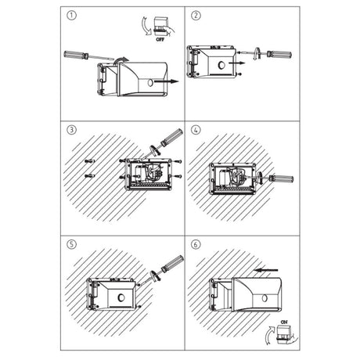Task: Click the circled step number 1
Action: click(72, 16)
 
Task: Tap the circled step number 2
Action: click(196, 16)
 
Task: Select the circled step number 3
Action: click(72, 130)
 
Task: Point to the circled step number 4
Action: click(196, 130)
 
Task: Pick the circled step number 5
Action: click(72, 244)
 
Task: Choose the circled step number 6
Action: click(196, 244)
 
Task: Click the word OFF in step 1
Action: click(160, 40)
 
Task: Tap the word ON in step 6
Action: click(284, 322)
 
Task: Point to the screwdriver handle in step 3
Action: click(172, 137)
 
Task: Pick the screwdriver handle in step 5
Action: click(173, 264)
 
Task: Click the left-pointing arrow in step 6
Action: click(266, 270)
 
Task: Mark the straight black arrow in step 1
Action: click(166, 81)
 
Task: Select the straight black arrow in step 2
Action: click(237, 63)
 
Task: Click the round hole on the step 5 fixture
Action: click(121, 297)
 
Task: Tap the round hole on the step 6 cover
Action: click(265, 298)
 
